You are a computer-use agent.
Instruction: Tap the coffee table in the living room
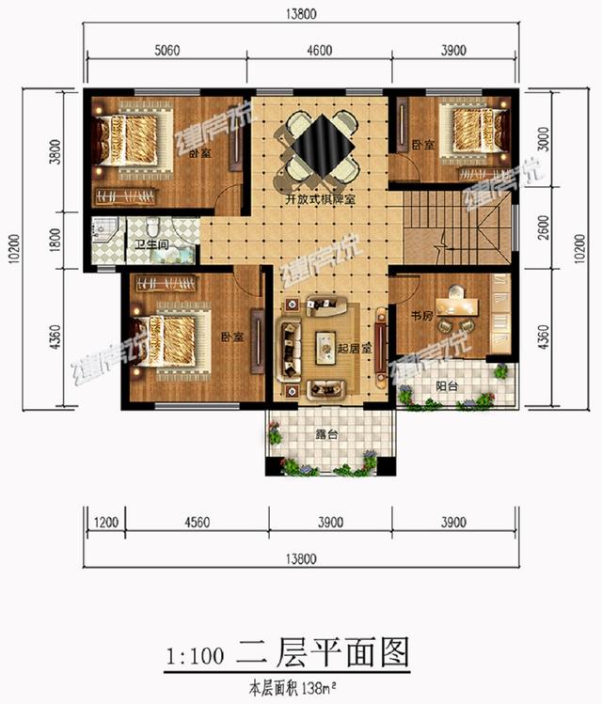coord(325,340)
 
